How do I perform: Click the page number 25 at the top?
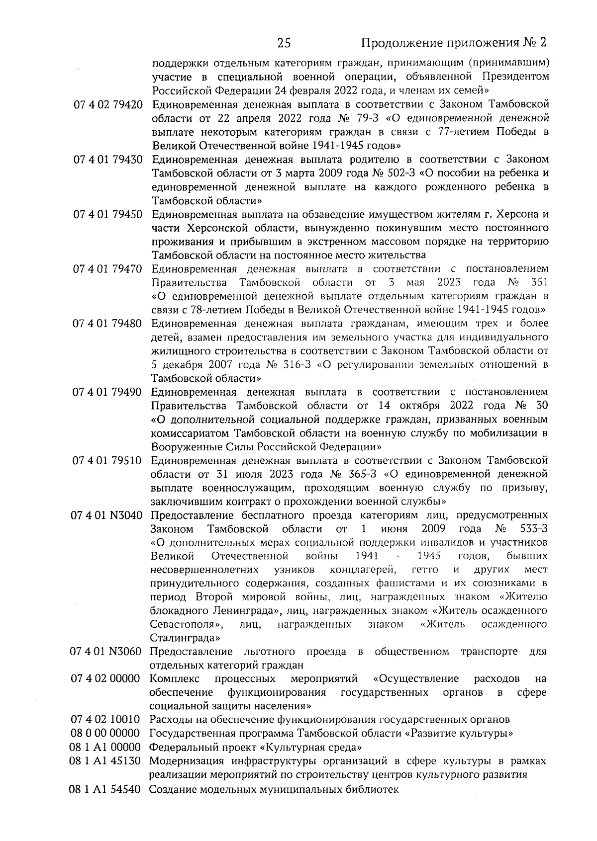284,43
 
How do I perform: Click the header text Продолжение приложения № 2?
453,43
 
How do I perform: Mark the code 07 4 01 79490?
108,392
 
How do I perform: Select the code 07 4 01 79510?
108,460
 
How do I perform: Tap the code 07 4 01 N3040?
107,515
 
